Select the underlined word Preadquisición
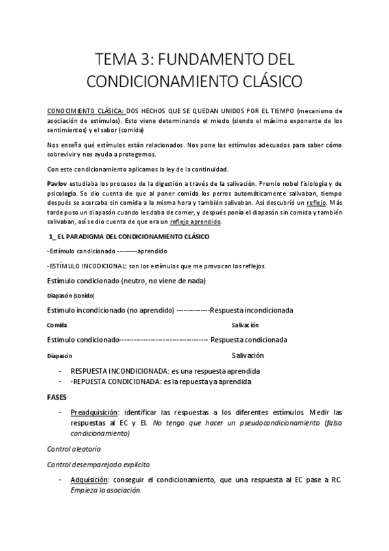click(x=95, y=413)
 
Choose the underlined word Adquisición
click(x=90, y=480)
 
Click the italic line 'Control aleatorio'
click(x=74, y=449)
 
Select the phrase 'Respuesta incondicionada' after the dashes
click(x=251, y=310)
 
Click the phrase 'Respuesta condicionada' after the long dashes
click(x=249, y=340)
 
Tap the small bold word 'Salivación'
click(x=245, y=325)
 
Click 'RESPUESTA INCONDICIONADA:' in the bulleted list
click(x=111, y=371)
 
